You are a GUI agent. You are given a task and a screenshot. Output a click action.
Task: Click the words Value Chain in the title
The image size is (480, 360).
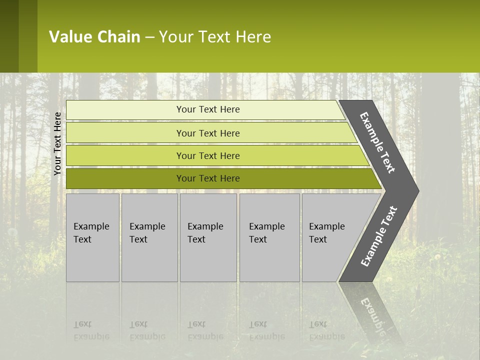[94, 37]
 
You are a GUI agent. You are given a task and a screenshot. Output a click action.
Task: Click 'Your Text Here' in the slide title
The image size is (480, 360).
[215, 37]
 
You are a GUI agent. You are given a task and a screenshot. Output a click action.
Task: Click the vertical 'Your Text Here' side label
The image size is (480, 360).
[57, 143]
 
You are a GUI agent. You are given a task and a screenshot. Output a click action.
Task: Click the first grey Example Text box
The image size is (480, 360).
[92, 237]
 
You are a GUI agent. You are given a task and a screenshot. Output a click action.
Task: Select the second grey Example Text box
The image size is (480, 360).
[149, 237]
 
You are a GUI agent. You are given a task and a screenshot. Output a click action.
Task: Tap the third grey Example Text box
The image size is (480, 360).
[208, 237]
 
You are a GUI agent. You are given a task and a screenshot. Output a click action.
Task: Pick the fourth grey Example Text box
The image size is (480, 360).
[269, 237]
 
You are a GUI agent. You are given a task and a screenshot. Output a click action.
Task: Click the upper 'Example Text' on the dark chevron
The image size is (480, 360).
[377, 142]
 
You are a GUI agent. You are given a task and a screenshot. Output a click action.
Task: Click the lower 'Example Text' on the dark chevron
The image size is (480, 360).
[378, 236]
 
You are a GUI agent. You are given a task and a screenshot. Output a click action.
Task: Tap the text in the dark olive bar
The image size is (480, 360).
[208, 178]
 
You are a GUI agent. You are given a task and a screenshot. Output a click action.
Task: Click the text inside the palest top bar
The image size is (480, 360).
[208, 109]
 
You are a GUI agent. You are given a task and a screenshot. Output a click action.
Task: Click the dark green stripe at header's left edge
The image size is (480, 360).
[9, 36]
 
